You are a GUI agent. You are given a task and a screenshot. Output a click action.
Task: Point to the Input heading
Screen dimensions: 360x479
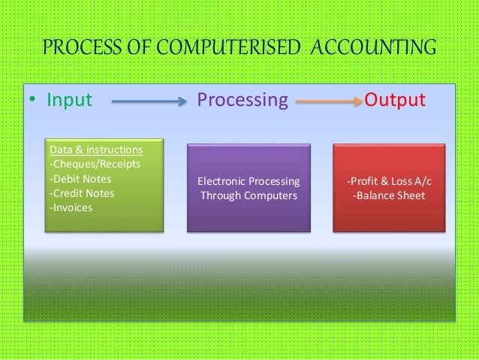coord(70,100)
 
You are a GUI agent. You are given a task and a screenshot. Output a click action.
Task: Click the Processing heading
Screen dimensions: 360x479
coord(242,100)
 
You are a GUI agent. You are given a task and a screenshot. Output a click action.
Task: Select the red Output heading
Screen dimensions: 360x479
coord(395,100)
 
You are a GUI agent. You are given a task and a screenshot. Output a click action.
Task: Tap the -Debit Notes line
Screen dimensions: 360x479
coord(80,179)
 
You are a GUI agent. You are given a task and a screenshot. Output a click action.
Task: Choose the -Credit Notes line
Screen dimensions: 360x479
coord(81,193)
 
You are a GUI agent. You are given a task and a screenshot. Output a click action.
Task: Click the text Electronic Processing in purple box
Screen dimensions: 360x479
coord(247,182)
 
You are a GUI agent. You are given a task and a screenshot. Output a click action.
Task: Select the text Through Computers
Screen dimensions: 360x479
coord(247,196)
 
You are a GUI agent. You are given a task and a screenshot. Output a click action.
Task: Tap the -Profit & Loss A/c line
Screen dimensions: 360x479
coord(388,182)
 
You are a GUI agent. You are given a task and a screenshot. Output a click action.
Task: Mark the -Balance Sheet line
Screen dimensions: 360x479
coord(388,196)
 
